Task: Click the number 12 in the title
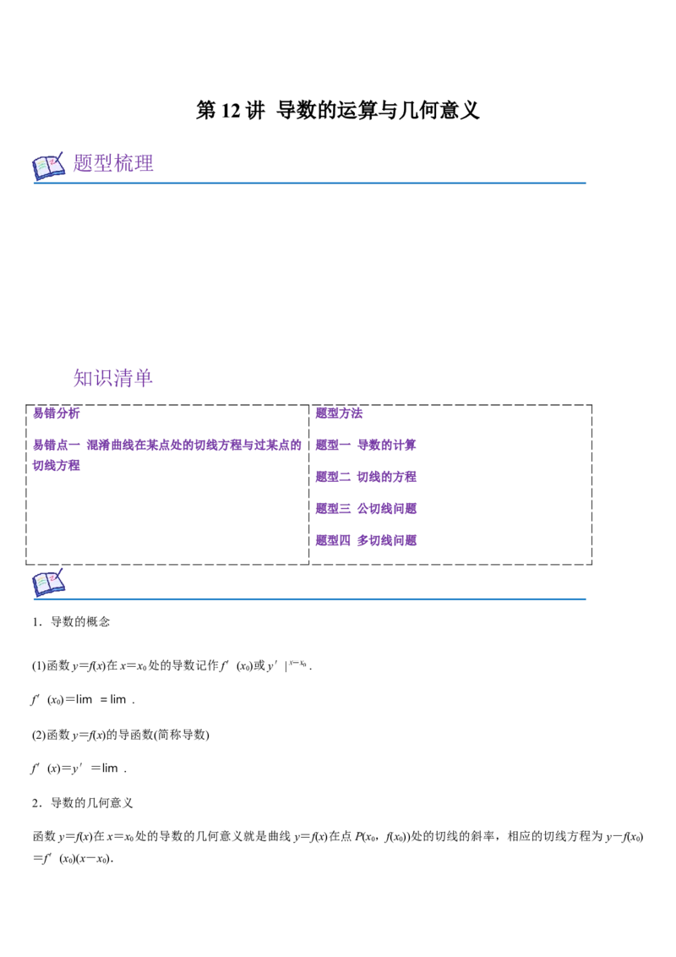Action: click(x=231, y=111)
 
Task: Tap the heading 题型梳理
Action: click(x=113, y=163)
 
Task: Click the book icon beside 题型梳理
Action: click(x=48, y=166)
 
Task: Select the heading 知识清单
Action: click(x=113, y=378)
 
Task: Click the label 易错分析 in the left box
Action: click(x=56, y=413)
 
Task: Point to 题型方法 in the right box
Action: click(x=339, y=413)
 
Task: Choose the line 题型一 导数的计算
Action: click(x=365, y=445)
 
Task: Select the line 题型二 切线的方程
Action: click(x=365, y=477)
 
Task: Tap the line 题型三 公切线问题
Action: click(x=365, y=508)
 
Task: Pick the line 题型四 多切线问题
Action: click(x=365, y=540)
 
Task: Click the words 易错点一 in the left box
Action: click(x=56, y=445)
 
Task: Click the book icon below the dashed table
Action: click(x=48, y=582)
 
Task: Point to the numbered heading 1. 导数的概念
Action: click(x=71, y=622)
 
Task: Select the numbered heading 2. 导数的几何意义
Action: click(x=82, y=802)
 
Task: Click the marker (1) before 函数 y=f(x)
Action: click(x=38, y=665)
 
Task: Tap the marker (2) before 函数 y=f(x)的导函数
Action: click(x=38, y=735)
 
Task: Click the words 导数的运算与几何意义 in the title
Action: click(x=378, y=111)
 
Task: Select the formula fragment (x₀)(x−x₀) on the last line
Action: click(x=87, y=859)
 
